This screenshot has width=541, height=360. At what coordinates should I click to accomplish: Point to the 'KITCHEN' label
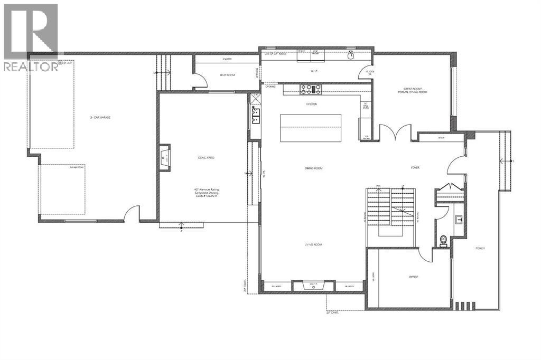[x=311, y=105]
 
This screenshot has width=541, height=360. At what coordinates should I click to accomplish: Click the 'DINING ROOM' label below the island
[x=313, y=168]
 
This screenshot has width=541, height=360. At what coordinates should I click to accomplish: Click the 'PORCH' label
[x=480, y=248]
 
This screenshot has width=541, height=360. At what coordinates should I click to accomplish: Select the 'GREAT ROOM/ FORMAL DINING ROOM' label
[x=413, y=90]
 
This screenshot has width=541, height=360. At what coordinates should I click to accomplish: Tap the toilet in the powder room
[x=443, y=241]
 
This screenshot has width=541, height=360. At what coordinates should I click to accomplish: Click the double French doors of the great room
[x=396, y=131]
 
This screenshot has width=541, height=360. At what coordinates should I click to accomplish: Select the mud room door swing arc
[x=200, y=80]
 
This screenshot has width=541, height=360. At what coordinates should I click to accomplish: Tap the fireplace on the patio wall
[x=164, y=157]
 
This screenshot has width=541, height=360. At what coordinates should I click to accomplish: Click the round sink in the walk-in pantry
[x=351, y=54]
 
